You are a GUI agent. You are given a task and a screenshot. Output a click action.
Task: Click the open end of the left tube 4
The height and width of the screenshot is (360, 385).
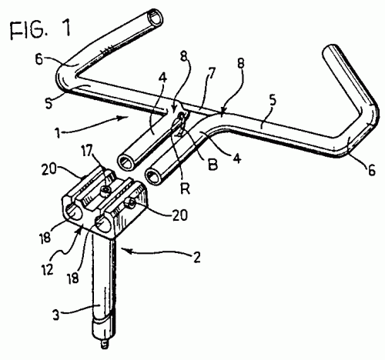tap(126, 162)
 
